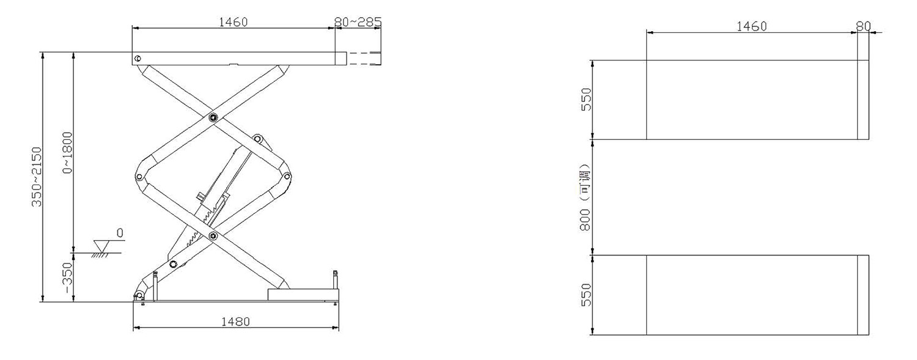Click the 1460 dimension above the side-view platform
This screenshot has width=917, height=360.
(x=234, y=22)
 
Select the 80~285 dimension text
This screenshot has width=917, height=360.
(x=358, y=21)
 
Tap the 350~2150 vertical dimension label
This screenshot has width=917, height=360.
(x=37, y=177)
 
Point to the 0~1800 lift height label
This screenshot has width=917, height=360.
(x=67, y=153)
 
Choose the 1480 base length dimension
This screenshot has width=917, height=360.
(x=235, y=322)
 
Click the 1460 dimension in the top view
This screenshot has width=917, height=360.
(x=751, y=27)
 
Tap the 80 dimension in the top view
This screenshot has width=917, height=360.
(x=864, y=27)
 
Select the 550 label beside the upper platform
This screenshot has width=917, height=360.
(x=587, y=100)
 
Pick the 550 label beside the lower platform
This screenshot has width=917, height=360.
(x=587, y=295)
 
